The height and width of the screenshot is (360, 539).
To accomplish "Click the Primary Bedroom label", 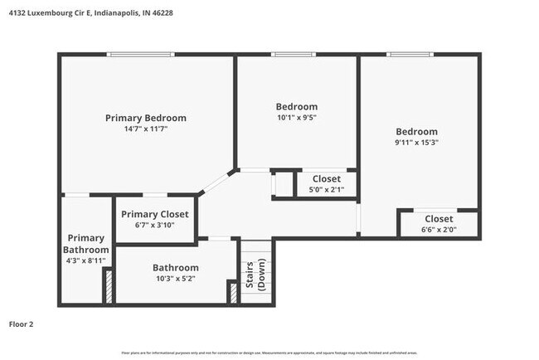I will click(x=145, y=118).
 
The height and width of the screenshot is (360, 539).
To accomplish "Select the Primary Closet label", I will click(x=155, y=214).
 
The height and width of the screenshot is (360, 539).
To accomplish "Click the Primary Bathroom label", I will click(x=86, y=244).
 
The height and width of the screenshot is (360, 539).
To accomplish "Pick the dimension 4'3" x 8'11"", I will click(x=86, y=260).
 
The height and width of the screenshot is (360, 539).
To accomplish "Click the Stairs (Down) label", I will click(x=255, y=275).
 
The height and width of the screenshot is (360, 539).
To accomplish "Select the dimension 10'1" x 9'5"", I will click(x=296, y=118).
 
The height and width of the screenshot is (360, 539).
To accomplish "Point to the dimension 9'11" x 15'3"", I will click(x=416, y=143).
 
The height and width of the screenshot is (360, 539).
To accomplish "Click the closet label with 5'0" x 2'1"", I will click(x=326, y=178).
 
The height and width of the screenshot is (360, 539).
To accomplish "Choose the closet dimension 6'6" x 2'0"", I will click(x=439, y=230).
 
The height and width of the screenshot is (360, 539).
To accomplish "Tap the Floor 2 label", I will click(x=21, y=324).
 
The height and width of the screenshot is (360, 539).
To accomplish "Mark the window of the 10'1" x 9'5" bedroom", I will click(x=294, y=55).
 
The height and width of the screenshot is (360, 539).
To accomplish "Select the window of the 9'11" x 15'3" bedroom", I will click(x=410, y=55).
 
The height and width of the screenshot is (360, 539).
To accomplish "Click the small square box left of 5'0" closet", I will click(x=284, y=183).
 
